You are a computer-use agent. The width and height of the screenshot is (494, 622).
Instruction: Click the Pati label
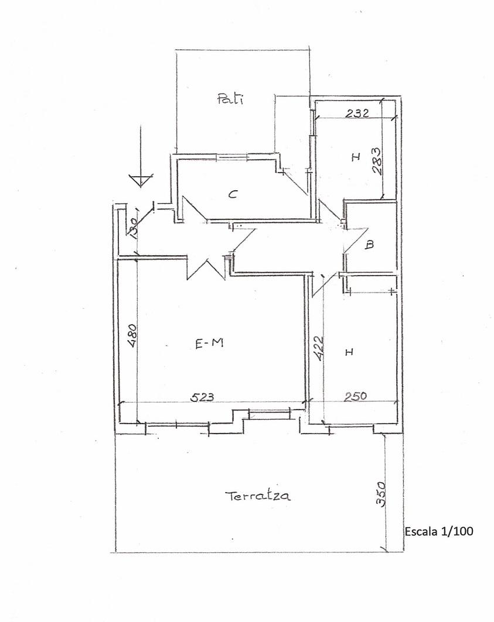click(x=230, y=98)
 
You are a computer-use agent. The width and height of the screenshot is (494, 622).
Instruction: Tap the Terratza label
click(x=257, y=496)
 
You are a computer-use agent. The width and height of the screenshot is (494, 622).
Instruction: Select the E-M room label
click(x=209, y=343)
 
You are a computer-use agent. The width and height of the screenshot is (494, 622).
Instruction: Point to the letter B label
click(x=369, y=245)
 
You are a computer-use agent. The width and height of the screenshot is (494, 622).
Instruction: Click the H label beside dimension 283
click(x=356, y=157)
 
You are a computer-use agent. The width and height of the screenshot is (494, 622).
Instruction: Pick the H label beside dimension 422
click(x=349, y=352)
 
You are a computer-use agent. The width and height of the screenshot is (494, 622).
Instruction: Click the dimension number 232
click(x=357, y=114)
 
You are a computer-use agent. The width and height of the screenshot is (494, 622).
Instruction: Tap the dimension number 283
click(x=377, y=161)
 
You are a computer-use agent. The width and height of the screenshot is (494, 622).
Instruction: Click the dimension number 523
click(x=202, y=397)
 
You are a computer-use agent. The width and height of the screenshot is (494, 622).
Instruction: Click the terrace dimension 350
click(x=381, y=494)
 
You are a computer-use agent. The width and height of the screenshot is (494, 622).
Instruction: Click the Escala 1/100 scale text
click(x=439, y=531)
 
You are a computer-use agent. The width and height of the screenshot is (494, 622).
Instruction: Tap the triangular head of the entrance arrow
click(x=139, y=180)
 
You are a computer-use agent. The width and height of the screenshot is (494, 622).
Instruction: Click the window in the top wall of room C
click(x=232, y=157)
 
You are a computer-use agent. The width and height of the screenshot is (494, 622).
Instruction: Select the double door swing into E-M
click(x=206, y=269)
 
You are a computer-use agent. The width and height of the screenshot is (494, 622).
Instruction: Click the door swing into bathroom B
click(x=356, y=239)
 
